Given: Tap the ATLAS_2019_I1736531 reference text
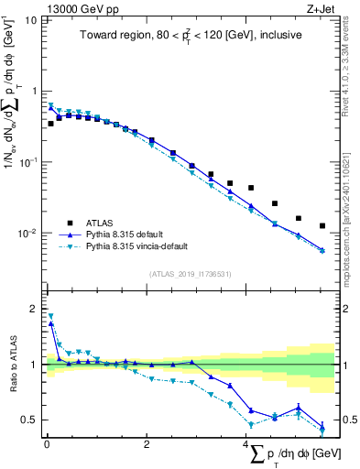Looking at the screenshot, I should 191,273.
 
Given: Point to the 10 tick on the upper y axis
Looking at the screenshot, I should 31,20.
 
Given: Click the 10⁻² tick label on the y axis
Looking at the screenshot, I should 28,233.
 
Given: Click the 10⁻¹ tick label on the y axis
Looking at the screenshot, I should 28,162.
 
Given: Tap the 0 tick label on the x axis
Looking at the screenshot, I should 46,444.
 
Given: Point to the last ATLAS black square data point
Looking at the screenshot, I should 322,225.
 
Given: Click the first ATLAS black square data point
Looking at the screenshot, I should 50,123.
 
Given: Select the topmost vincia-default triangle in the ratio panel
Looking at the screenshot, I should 50,316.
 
